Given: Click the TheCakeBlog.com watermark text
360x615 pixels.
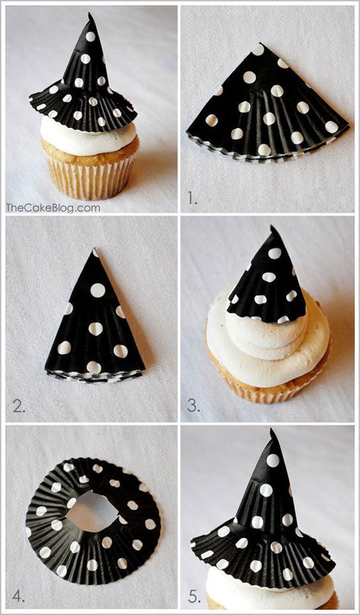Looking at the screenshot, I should pos(53,207).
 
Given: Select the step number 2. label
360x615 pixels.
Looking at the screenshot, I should pos(19,406).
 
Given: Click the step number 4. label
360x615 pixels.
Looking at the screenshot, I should pos(19,597).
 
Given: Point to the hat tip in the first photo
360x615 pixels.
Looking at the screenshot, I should pos(90,15).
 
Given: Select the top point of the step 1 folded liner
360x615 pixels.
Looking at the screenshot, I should pos(258,45).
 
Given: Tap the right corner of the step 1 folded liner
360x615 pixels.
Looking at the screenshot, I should pos(349,126).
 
